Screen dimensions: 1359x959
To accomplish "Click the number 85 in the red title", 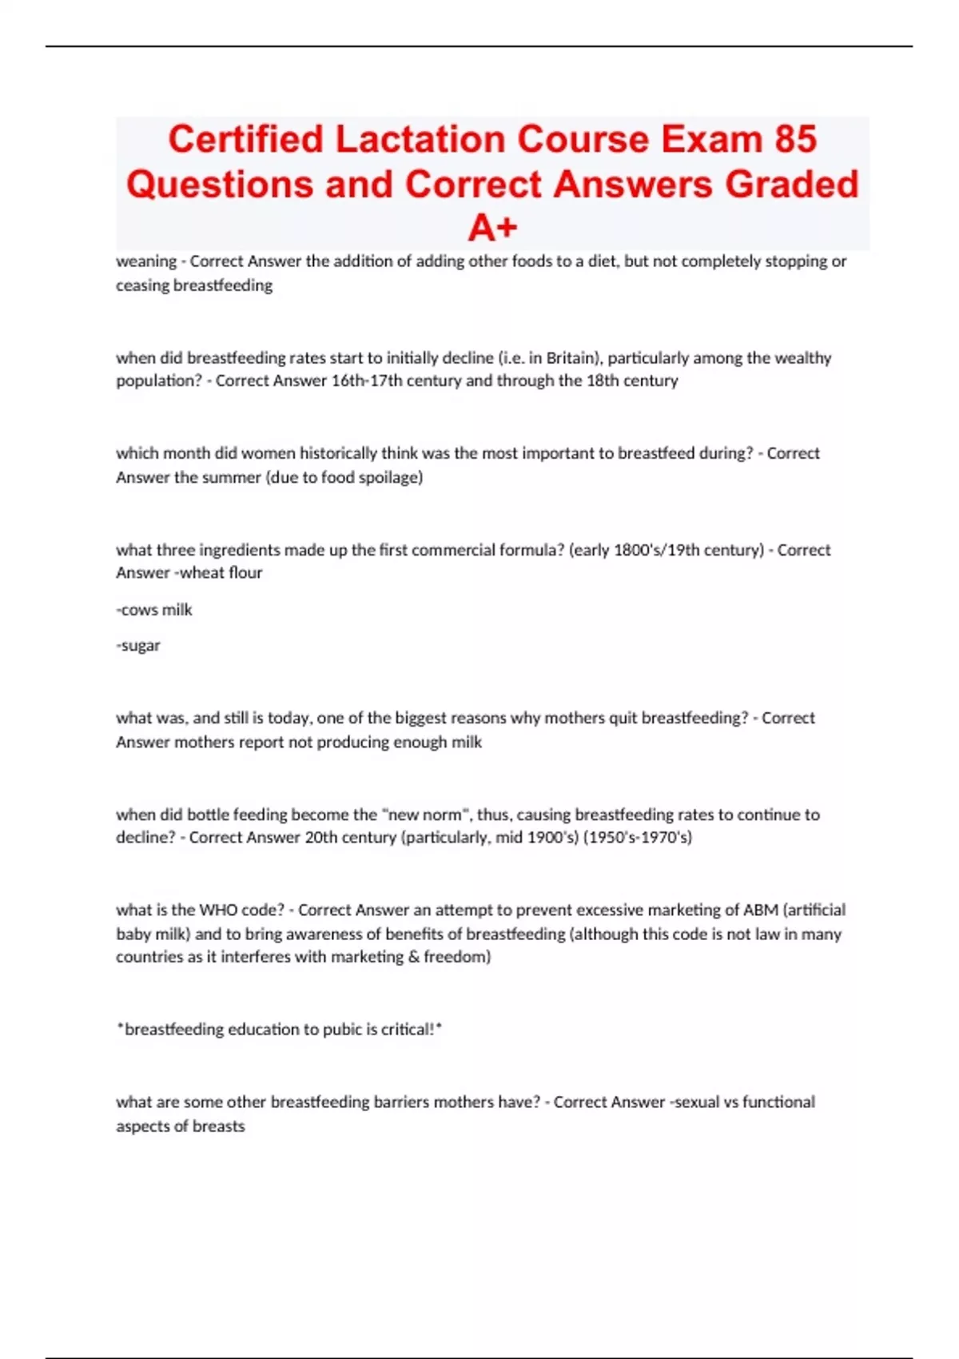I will point(794,139).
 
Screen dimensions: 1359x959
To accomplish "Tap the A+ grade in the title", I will point(492,229).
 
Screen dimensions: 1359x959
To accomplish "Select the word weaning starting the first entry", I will point(146,261).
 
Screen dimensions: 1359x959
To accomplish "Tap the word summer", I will point(233,477).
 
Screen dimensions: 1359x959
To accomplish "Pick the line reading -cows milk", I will point(154,609).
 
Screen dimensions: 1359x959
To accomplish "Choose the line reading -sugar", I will point(138,645).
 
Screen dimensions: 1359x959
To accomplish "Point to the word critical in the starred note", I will point(408,1030).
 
